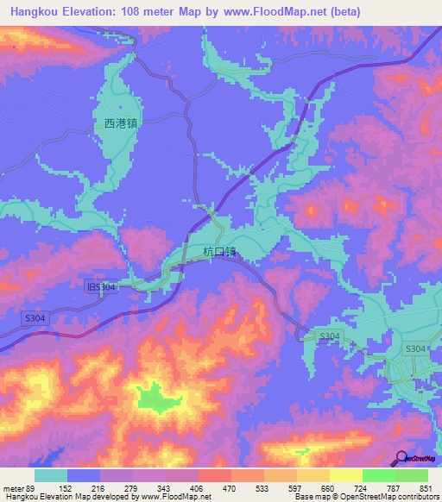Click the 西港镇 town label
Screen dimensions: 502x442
(121, 123)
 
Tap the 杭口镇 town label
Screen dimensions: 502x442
(219, 252)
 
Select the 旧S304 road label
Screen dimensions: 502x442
(101, 286)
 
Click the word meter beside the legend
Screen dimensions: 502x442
(14, 487)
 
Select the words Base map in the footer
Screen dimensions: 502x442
(311, 498)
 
